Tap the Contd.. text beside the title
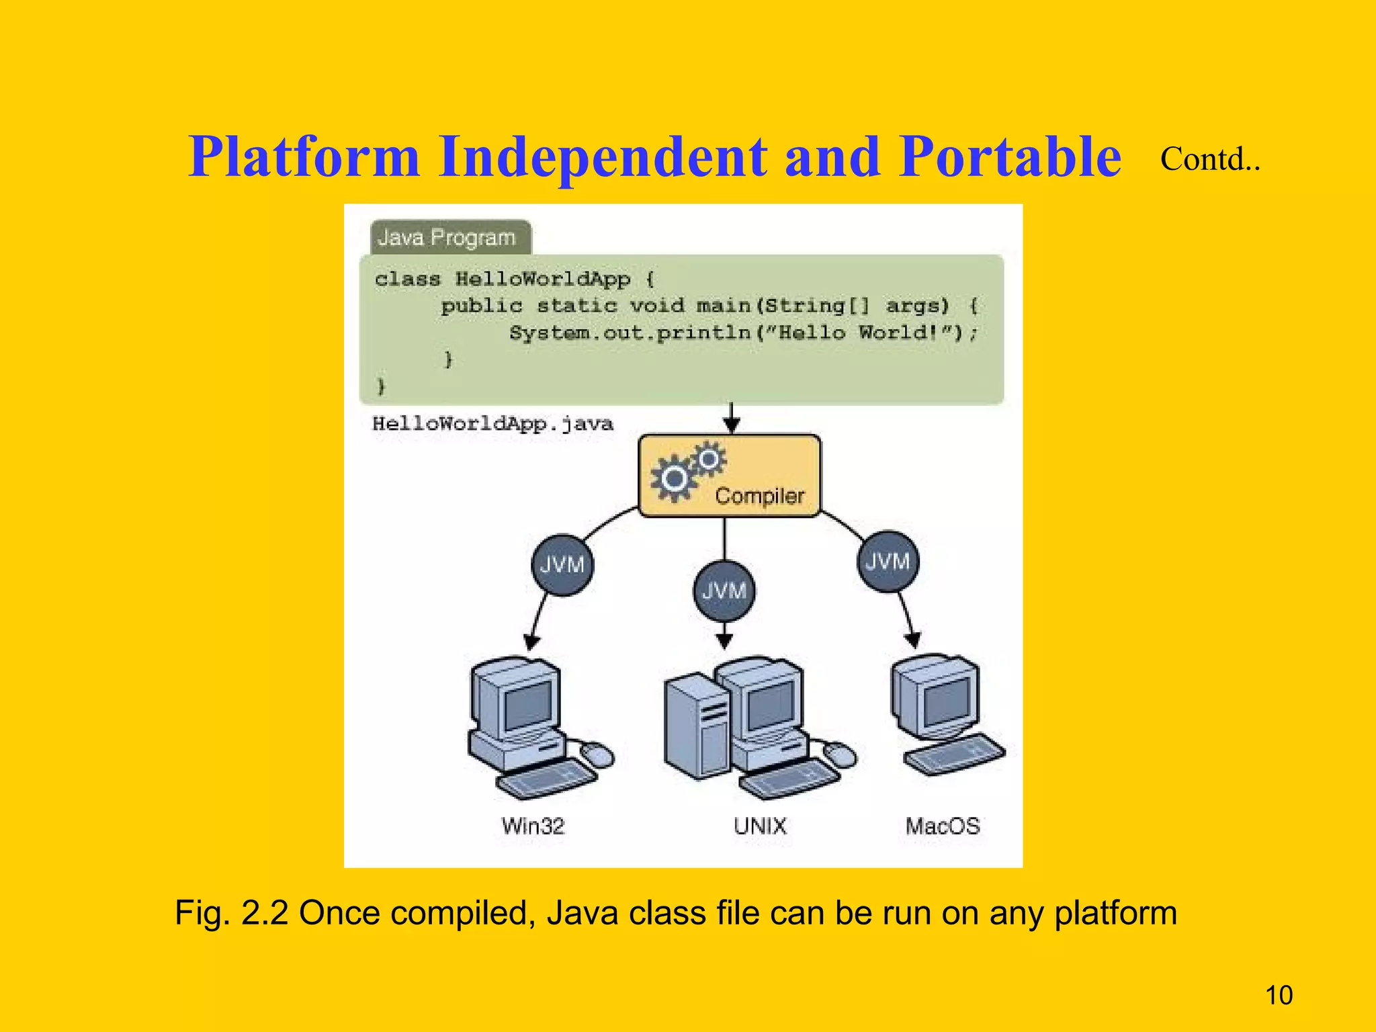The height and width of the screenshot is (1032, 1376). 1209,160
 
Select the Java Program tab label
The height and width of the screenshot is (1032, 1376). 447,237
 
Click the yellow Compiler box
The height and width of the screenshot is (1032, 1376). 729,476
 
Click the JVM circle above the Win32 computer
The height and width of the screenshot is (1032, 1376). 562,564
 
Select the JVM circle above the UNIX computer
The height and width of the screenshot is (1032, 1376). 724,591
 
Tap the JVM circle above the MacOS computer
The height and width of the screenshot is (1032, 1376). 888,561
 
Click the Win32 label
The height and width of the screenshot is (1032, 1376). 533,826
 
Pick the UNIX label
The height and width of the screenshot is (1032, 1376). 760,826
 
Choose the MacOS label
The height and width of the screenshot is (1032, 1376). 943,826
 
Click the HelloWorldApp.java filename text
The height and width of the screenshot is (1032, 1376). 492,424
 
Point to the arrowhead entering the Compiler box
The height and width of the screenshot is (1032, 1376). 732,425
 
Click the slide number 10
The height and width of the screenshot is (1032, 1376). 1279,995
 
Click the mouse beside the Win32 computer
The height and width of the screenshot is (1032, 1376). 597,754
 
